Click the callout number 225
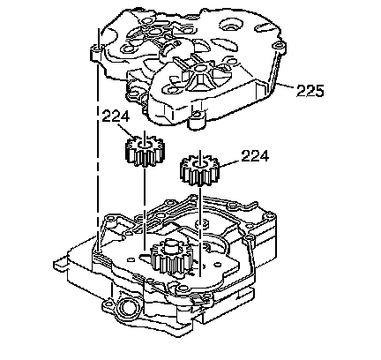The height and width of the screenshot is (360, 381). pos(310,91)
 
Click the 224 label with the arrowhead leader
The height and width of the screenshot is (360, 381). pos(116,116)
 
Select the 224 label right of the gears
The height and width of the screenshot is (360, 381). pos(255,156)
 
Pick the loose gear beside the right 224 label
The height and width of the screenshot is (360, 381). pos(200,171)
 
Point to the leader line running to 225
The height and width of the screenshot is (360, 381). pos(284,86)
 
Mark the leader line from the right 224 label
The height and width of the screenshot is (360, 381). pos(230,164)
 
